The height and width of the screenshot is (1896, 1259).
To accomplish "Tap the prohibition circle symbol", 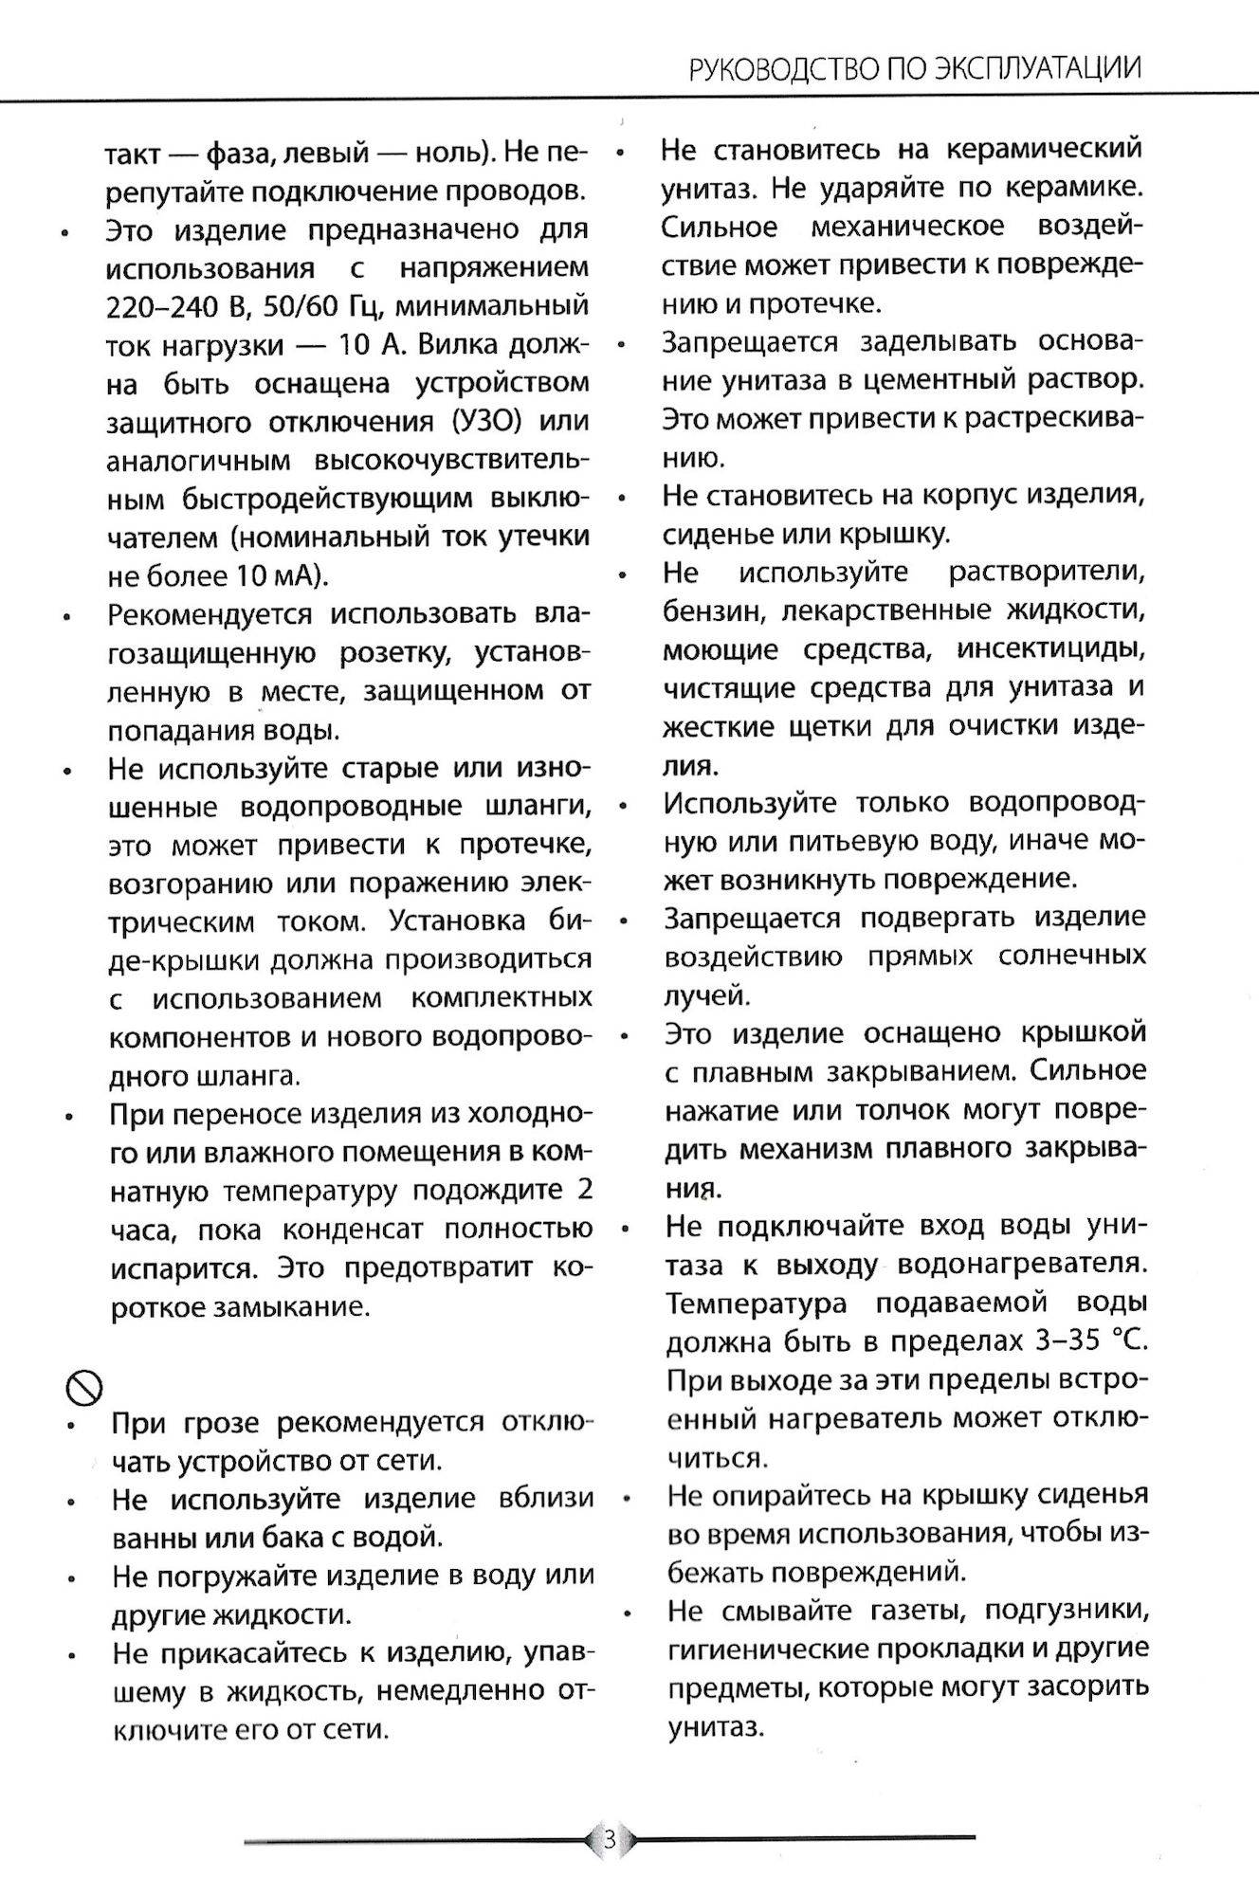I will coord(83,1389).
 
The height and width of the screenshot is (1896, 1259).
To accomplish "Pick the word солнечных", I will coord(1072,956).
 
